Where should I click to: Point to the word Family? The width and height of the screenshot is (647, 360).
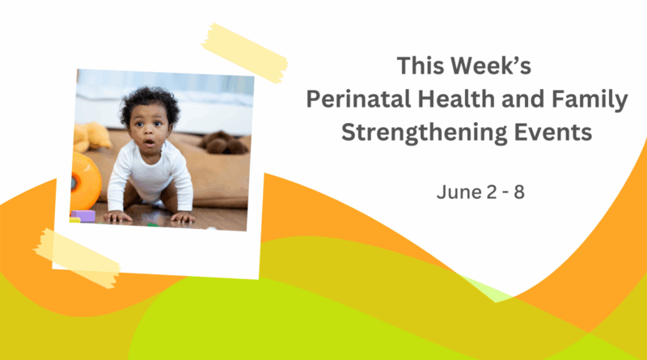tap(590, 100)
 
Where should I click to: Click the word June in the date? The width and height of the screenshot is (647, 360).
tap(459, 193)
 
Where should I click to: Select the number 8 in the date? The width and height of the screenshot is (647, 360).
tap(519, 193)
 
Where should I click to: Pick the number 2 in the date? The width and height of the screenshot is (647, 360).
tap(492, 193)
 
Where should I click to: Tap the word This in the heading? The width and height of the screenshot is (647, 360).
tap(421, 66)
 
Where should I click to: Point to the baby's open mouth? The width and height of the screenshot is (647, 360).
tap(149, 143)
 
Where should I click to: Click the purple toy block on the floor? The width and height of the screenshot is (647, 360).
tap(83, 215)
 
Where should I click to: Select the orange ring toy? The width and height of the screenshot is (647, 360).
tap(85, 182)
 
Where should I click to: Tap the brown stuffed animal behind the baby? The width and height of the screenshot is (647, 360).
tap(224, 143)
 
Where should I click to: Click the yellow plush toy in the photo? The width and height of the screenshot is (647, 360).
tap(91, 136)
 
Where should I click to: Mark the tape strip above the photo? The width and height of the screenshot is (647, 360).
tap(244, 53)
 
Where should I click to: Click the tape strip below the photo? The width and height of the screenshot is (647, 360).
tap(77, 258)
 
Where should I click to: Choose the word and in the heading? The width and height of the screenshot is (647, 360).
tap(522, 99)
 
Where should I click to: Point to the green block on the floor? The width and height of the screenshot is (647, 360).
tap(152, 225)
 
